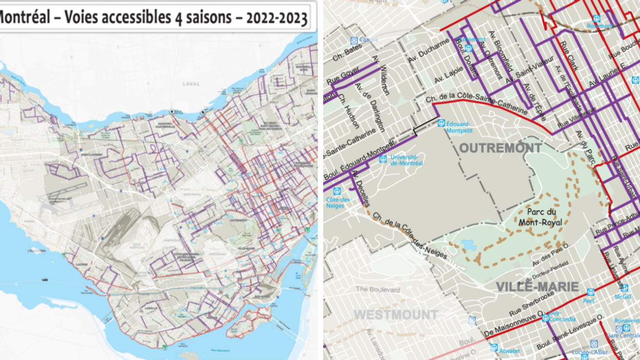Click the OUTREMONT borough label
coord(500,149)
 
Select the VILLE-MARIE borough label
coord(537,287)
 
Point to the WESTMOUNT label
coord(396,314)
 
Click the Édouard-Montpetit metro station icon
coord(441,123)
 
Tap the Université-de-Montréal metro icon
coord(383,159)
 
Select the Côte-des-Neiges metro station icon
coord(337,191)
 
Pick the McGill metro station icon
coord(624,288)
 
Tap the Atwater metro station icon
coord(493,347)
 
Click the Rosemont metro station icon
coord(597,18)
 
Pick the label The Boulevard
coord(377,290)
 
